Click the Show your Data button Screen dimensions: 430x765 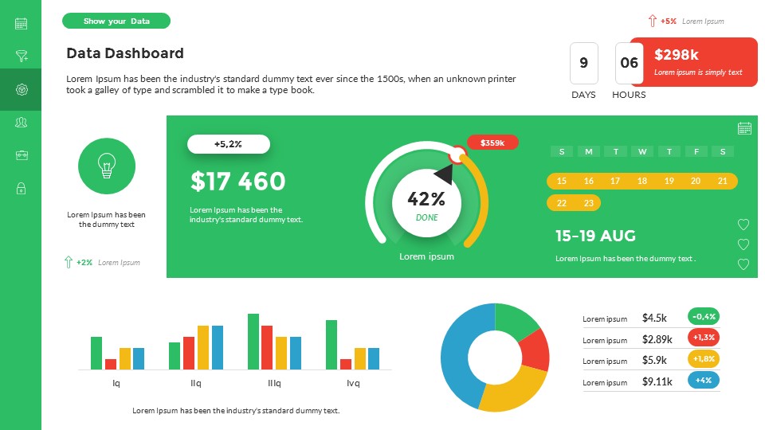click(116, 21)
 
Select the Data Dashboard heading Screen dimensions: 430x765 click(125, 53)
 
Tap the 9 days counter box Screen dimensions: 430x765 click(584, 63)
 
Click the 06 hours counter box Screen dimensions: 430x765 click(629, 63)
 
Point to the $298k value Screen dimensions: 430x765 click(677, 54)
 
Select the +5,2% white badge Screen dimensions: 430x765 click(229, 144)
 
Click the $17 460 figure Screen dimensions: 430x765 click(237, 182)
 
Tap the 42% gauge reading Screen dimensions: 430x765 click(426, 199)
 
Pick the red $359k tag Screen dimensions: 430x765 click(492, 143)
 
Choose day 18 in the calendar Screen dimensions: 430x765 click(642, 182)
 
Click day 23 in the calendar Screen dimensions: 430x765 click(588, 203)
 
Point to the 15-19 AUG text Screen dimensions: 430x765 click(595, 236)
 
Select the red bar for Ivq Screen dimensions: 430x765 click(346, 364)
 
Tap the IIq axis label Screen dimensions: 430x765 click(196, 383)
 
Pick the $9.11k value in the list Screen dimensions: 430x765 click(657, 381)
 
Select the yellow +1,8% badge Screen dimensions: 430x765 click(704, 358)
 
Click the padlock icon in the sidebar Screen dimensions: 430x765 click(22, 189)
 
